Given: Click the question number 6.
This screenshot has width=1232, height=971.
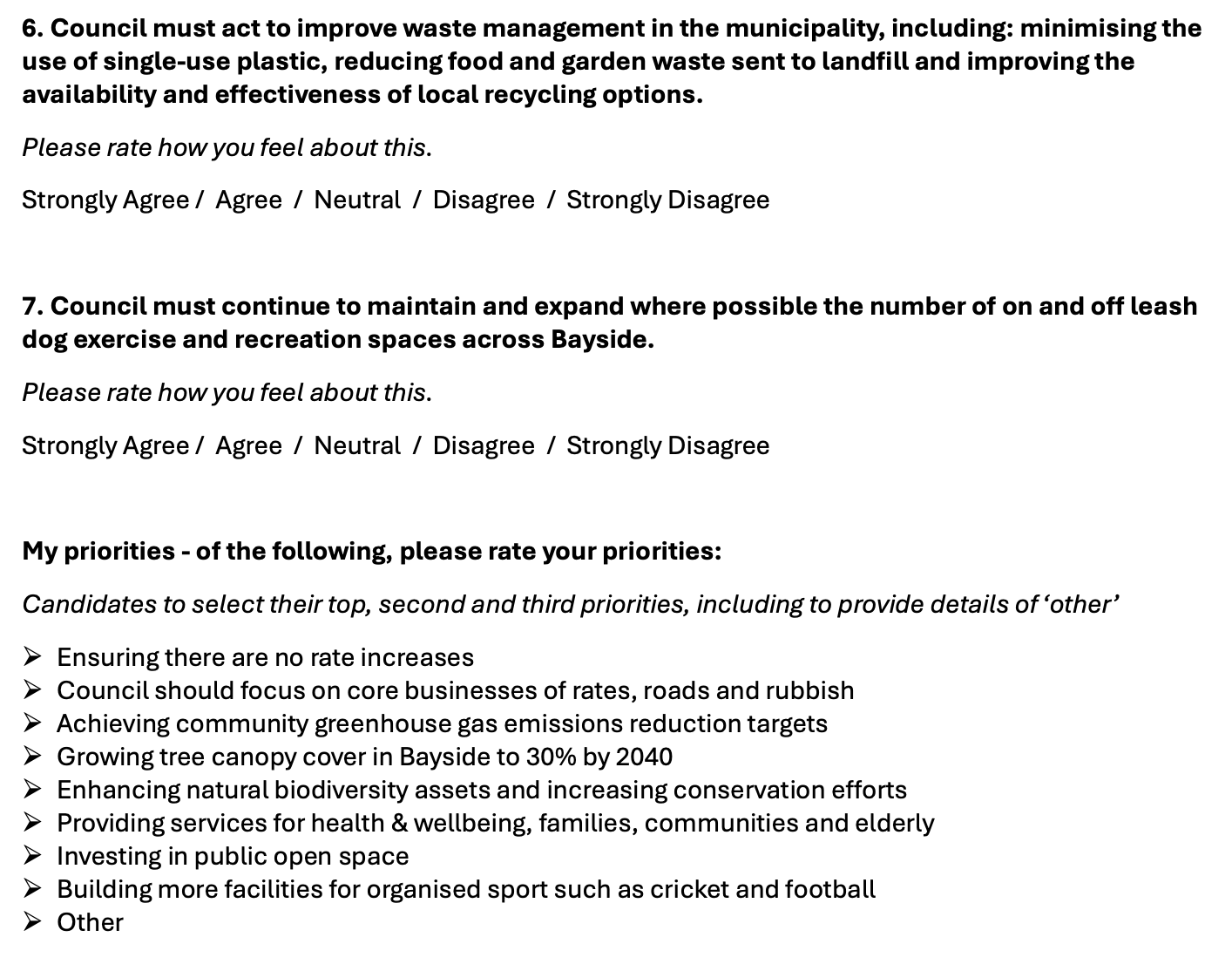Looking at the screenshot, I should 31,29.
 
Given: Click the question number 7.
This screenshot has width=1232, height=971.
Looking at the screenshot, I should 31,307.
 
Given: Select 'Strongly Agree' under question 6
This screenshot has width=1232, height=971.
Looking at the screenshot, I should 105,200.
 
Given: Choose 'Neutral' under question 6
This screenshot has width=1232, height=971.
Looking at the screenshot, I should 357,200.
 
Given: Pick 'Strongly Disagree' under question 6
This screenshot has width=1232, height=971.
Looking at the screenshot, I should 668,200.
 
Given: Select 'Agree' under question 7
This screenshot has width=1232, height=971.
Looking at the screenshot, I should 248,446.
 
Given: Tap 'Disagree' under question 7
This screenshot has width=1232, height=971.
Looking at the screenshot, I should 484,446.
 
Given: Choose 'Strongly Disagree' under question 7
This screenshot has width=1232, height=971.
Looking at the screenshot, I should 668,446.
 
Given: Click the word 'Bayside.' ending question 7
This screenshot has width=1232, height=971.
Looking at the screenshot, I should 602,340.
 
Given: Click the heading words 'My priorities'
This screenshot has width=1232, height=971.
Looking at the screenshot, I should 98,552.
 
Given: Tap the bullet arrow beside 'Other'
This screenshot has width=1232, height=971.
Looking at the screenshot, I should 32,922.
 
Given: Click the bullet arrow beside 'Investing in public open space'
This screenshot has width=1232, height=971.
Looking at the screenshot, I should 32,856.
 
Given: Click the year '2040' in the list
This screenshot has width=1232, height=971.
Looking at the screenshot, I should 644,757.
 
